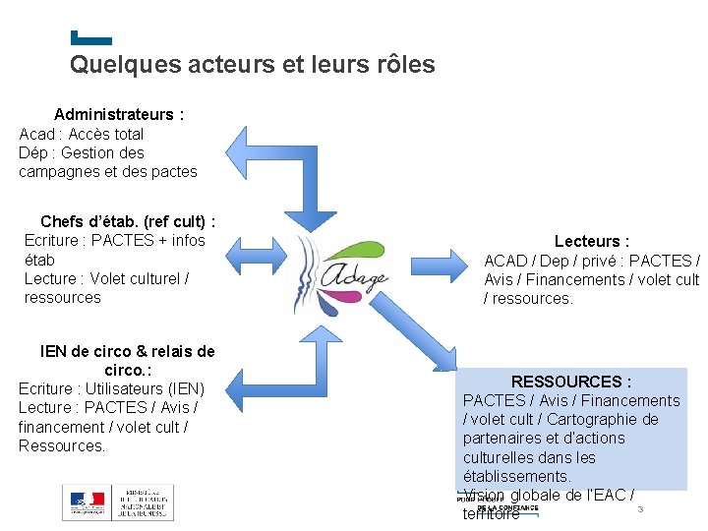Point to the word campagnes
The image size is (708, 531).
pyautogui.click(x=59, y=171)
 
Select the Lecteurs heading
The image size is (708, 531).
pyautogui.click(x=591, y=241)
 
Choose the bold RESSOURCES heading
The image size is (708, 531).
pyautogui.click(x=570, y=382)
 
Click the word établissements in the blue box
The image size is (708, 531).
pyautogui.click(x=515, y=476)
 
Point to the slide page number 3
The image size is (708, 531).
pyautogui.click(x=640, y=508)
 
